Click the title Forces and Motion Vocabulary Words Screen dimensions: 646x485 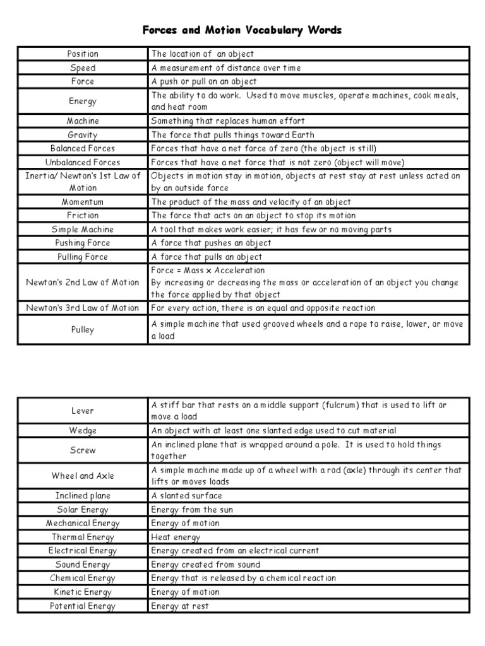(242, 30)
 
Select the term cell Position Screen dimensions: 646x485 (83, 54)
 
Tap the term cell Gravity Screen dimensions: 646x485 (83, 134)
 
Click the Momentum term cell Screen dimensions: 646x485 (83, 202)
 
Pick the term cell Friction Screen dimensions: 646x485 (83, 216)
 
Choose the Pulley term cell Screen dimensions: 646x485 (83, 330)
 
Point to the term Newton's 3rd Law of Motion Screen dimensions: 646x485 (83, 308)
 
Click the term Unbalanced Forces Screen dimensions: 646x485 (83, 162)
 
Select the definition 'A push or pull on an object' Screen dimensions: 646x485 (203, 81)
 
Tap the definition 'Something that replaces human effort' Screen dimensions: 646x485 (227, 120)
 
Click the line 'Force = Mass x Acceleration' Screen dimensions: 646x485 (208, 270)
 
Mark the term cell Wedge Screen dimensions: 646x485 (83, 430)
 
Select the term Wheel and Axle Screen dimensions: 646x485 (83, 476)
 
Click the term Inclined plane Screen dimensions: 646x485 (83, 496)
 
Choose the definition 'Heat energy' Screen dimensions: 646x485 (176, 537)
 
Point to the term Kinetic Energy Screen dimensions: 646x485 (83, 592)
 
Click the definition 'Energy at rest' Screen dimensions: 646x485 (179, 606)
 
